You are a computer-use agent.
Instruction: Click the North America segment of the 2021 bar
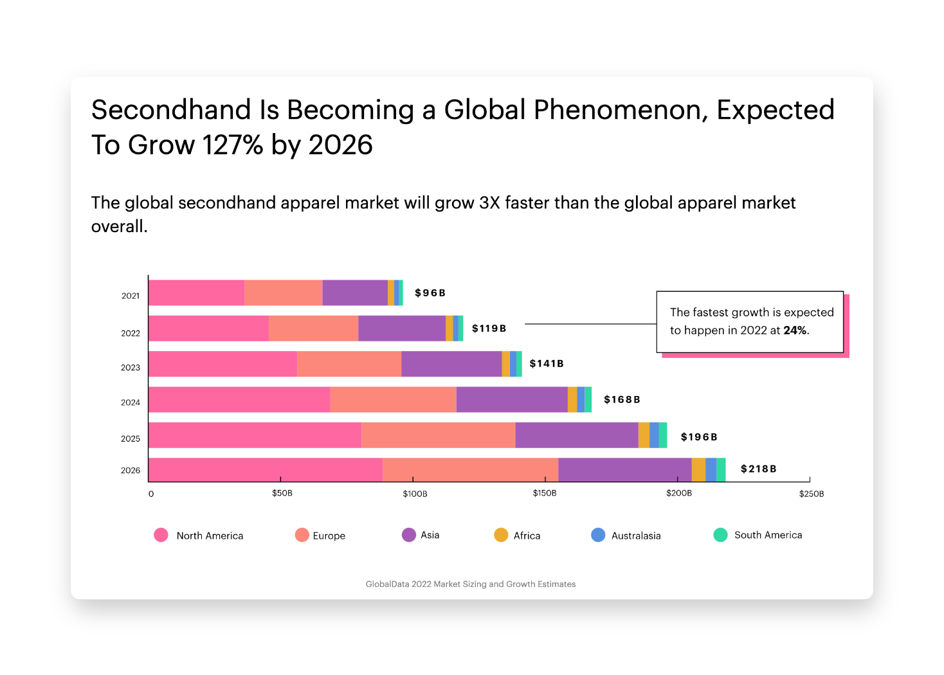(196, 292)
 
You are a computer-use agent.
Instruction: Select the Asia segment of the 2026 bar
(624, 469)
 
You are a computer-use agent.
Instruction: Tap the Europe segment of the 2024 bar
(393, 399)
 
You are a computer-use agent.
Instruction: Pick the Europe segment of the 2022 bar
(313, 328)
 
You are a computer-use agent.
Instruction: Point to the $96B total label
(430, 293)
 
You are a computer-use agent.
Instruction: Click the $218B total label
(758, 469)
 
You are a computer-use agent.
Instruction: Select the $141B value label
(547, 364)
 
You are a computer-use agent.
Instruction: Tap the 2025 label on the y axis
(131, 438)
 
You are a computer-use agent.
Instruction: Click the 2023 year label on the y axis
(131, 368)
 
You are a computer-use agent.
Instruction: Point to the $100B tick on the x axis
(415, 494)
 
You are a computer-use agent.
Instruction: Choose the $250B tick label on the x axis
(811, 494)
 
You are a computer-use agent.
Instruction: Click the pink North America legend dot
(161, 535)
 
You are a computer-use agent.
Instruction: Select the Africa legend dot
(501, 535)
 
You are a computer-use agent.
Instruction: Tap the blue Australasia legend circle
(598, 535)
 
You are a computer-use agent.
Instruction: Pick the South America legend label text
(768, 535)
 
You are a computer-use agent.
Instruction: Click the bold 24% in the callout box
(795, 330)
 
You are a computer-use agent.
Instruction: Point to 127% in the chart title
(232, 145)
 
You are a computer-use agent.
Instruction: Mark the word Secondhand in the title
(171, 110)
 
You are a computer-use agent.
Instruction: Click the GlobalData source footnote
(471, 584)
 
